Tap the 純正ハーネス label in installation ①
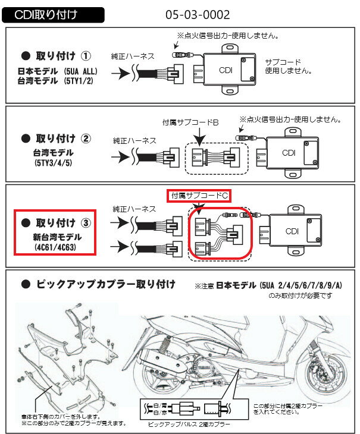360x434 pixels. point(133,56)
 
